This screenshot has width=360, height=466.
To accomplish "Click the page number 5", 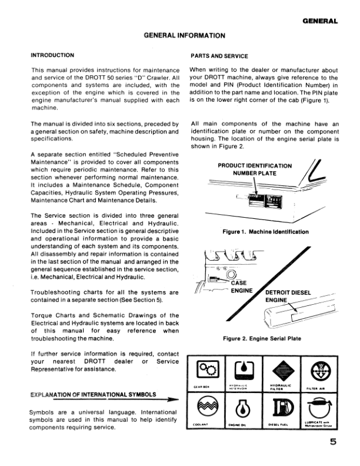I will coord(334,444).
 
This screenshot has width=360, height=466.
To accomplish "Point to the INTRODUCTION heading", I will coord(52,55).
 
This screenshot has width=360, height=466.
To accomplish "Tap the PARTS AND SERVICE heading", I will coord(219,55).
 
